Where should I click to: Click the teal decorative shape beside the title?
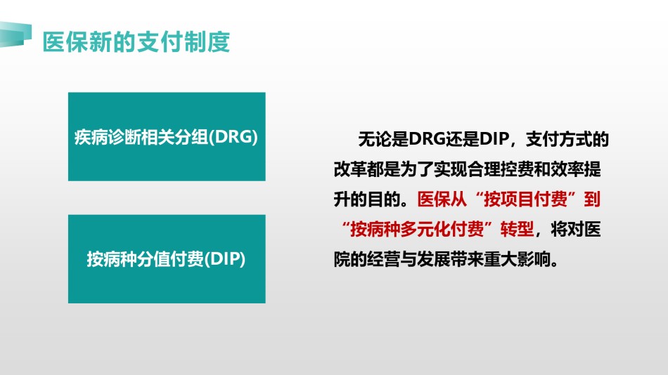(15, 34)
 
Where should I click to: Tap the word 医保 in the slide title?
(66, 41)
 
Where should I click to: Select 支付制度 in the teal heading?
(184, 41)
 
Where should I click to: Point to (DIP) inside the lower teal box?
(225, 259)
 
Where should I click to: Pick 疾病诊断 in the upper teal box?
(108, 137)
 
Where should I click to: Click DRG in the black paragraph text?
(427, 139)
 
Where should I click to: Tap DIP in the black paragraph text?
(494, 139)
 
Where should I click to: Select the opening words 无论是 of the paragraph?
(383, 139)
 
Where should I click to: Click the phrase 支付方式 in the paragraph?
(559, 139)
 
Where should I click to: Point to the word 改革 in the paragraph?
(350, 169)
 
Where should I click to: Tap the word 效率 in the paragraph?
(567, 169)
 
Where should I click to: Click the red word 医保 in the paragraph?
(434, 199)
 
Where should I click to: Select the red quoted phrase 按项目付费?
(526, 199)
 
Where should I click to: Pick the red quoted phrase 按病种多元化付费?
(417, 230)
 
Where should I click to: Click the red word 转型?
(518, 230)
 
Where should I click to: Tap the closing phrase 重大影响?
(518, 259)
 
